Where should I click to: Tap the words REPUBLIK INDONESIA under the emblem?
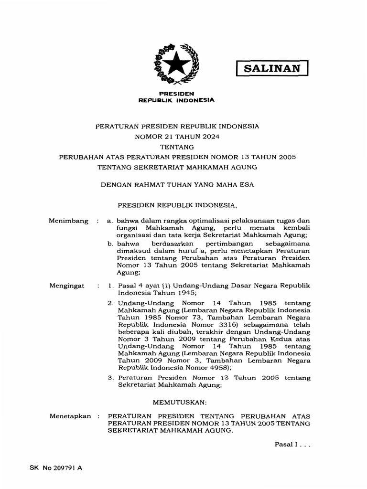[176, 100]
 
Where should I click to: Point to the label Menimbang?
[69, 221]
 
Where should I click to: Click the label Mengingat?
[67, 286]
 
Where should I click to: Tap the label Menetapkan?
[70, 416]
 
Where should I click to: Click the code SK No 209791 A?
[56, 468]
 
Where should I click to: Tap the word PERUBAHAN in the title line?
[78, 157]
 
